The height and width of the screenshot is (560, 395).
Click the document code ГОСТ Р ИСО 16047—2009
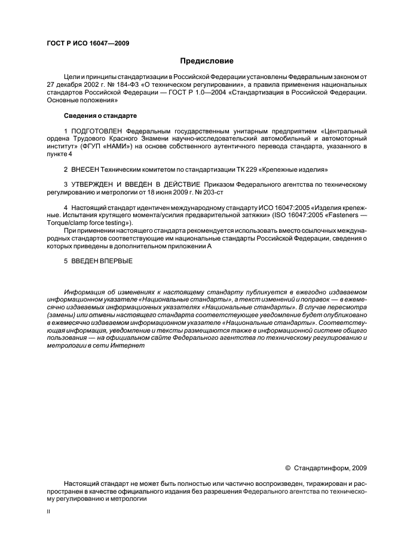[x=87, y=44]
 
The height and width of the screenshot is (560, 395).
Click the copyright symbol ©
[x=287, y=468]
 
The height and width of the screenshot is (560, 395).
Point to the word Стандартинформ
[x=321, y=468]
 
